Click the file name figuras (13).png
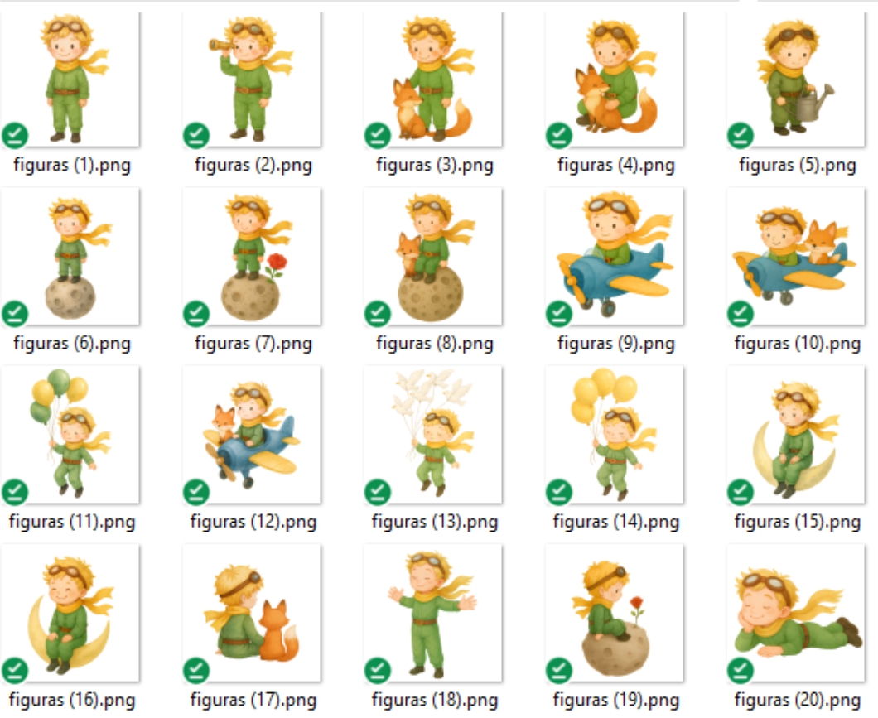435,522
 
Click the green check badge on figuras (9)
559,313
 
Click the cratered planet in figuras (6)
70,297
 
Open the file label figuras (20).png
798,700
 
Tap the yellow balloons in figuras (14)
602,394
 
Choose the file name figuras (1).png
72,165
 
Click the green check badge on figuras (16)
15,670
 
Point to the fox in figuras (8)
409,254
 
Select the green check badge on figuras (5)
741,136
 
